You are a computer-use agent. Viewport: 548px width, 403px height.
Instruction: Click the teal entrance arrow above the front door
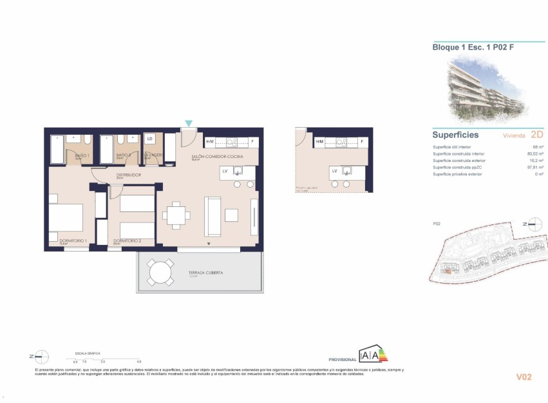pyautogui.click(x=188, y=123)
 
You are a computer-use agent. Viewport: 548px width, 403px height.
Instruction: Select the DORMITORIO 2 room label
pyautogui.click(x=127, y=241)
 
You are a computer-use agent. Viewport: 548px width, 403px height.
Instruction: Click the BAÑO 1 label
pyautogui.click(x=82, y=156)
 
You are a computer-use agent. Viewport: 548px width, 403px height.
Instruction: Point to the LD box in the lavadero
pyautogui.click(x=150, y=139)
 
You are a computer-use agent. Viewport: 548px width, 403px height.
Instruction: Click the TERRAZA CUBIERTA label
pyautogui.click(x=206, y=273)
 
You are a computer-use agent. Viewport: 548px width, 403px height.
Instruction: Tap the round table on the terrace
pyautogui.click(x=160, y=273)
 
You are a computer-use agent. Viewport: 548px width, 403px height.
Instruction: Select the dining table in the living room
pyautogui.click(x=176, y=215)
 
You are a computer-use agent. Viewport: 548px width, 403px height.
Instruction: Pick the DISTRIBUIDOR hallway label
pyautogui.click(x=129, y=175)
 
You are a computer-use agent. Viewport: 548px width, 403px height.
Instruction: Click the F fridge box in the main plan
pyautogui.click(x=252, y=141)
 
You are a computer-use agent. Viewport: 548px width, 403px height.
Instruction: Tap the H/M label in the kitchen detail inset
pyautogui.click(x=319, y=141)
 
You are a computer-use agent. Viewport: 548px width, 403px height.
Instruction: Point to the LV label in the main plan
pyautogui.click(x=225, y=171)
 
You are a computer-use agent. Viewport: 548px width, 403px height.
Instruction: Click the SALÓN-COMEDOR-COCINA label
pyautogui.click(x=218, y=157)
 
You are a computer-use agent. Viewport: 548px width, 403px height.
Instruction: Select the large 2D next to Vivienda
pyautogui.click(x=537, y=135)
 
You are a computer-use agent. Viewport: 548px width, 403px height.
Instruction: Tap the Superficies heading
pyautogui.click(x=455, y=135)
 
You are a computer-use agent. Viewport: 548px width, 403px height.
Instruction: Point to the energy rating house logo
pyautogui.click(x=373, y=354)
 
